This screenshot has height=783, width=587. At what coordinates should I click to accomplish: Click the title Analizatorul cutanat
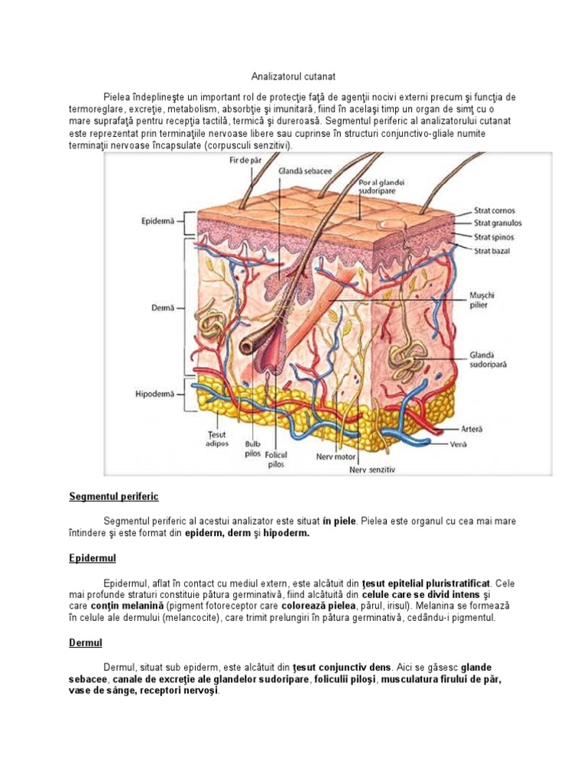(x=293, y=77)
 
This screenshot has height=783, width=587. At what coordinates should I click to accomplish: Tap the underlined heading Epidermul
(x=92, y=558)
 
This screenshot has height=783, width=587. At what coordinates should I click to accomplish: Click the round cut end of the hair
(x=247, y=345)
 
